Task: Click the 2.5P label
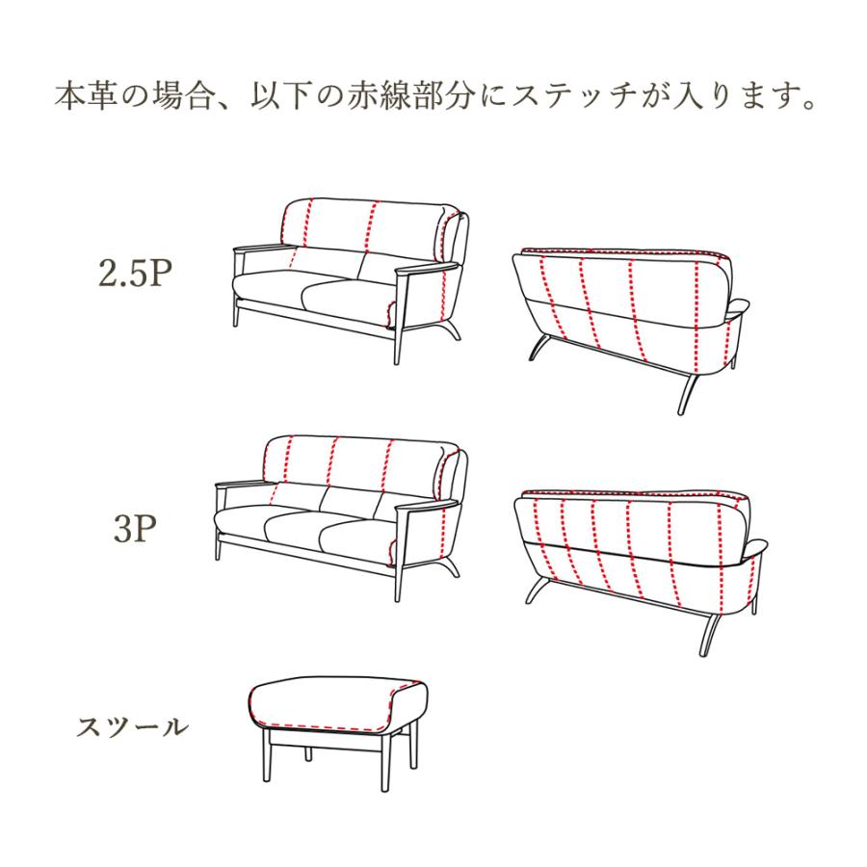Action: click(x=136, y=274)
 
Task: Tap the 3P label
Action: click(x=135, y=529)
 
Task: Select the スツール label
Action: click(x=132, y=726)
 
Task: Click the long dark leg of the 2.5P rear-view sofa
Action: click(x=689, y=393)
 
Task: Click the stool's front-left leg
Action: click(x=267, y=755)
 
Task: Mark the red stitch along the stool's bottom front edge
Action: click(x=321, y=725)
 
